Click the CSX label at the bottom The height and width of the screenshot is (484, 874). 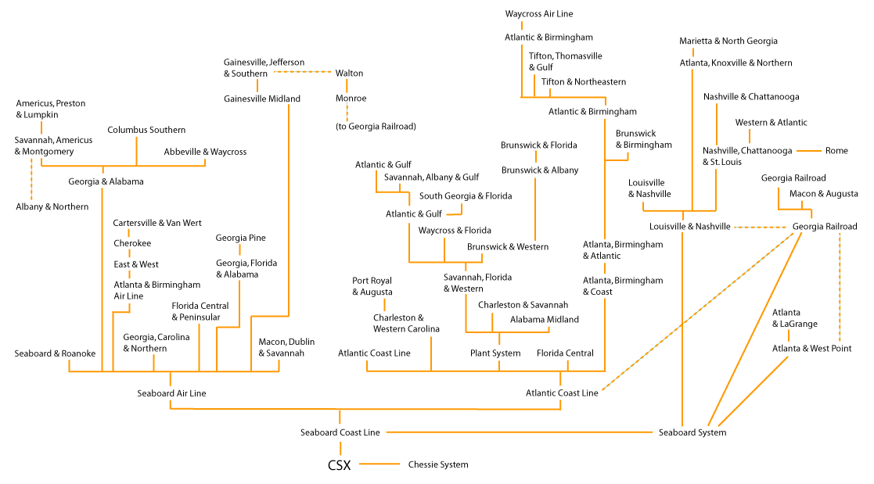(339, 465)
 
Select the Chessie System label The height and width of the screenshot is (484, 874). (438, 464)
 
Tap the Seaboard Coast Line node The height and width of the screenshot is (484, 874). (340, 432)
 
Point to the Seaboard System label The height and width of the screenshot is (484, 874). (692, 432)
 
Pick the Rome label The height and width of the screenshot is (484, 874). (836, 150)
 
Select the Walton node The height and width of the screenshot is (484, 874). (349, 73)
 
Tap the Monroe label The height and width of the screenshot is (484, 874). (351, 99)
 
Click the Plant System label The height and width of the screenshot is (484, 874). (495, 353)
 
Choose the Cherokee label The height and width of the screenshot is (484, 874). (132, 243)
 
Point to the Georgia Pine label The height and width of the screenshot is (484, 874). (241, 238)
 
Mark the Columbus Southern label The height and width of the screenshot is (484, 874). (146, 130)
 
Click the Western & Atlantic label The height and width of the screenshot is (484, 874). (771, 122)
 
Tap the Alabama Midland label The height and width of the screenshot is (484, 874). (545, 319)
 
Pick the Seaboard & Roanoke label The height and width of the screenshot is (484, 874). (55, 353)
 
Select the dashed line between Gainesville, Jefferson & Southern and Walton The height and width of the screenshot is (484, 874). (301, 73)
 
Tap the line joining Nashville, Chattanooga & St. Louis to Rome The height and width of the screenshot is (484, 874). (808, 150)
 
